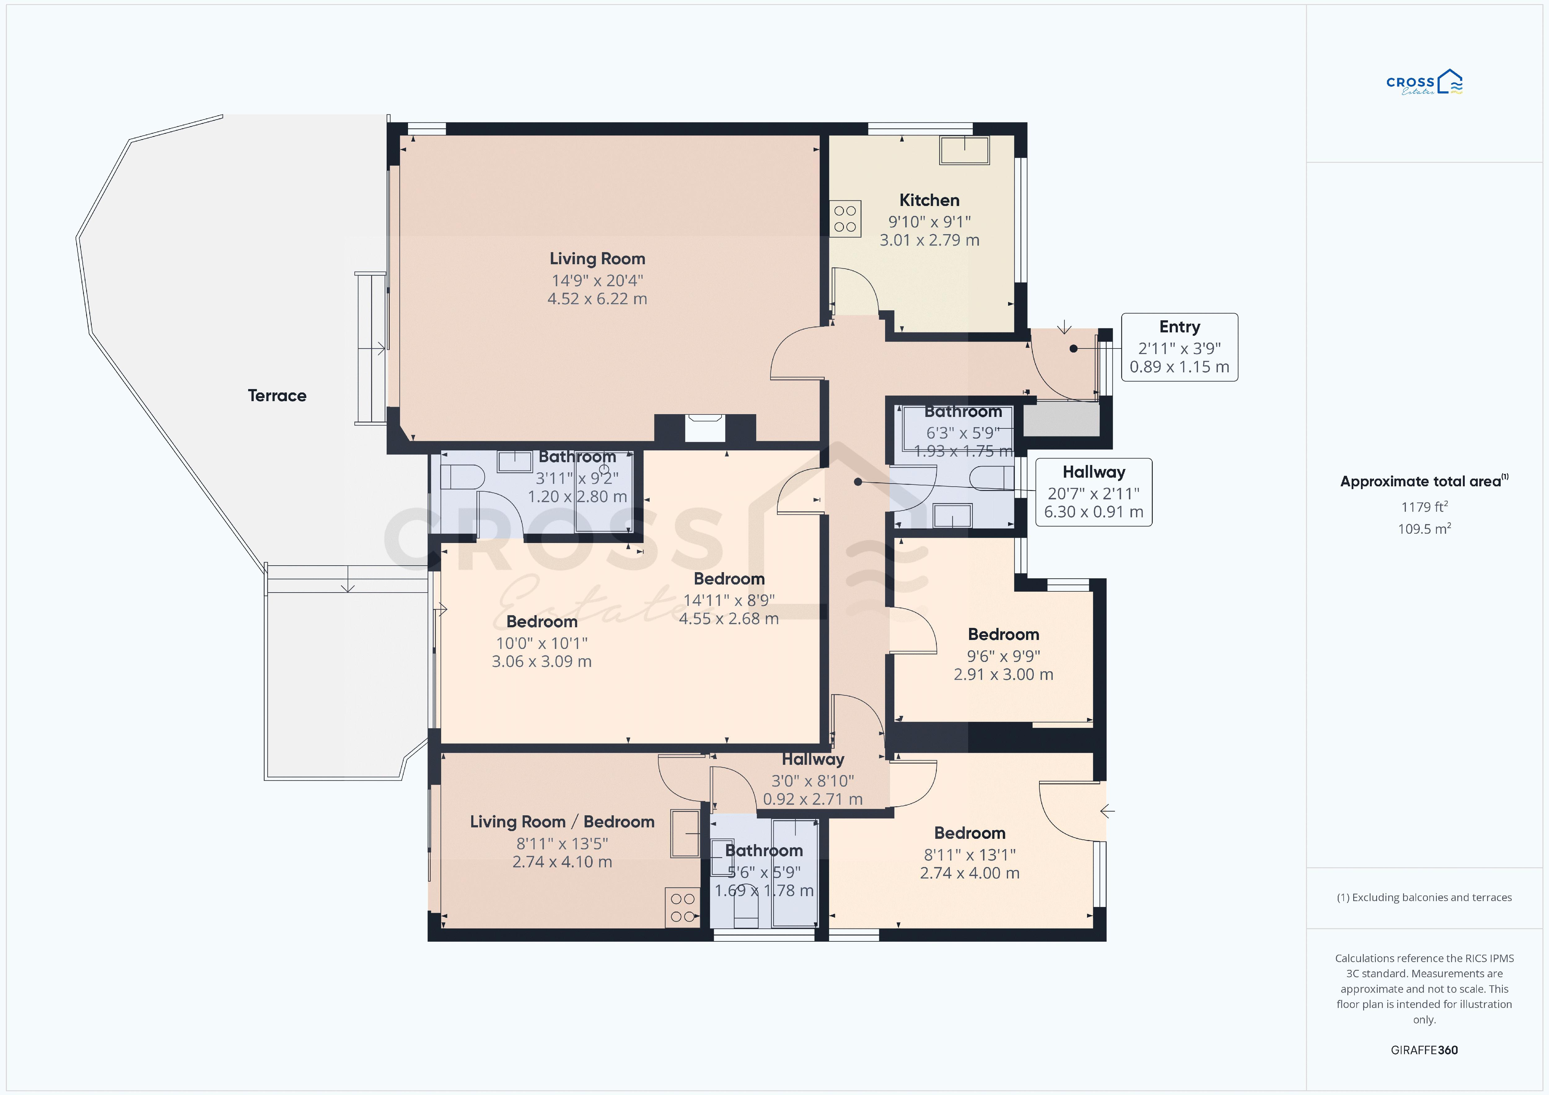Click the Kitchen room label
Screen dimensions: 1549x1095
tap(929, 200)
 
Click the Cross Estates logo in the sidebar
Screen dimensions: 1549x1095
tap(1424, 82)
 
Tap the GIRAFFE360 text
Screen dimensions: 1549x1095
tap(1424, 1050)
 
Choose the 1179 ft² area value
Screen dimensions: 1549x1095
tap(1424, 507)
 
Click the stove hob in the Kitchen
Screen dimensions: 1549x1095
tap(845, 219)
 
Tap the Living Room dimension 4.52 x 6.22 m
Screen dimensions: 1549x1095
tap(597, 299)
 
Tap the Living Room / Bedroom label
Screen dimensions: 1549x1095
tap(562, 822)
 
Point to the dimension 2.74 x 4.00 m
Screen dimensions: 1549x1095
tap(969, 873)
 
